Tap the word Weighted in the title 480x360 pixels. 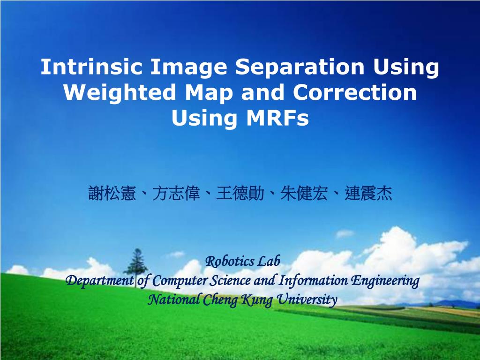[120, 92]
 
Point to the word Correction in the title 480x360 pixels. [355, 92]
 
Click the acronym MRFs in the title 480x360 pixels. [277, 118]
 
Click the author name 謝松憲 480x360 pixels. [112, 193]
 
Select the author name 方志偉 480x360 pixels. [176, 193]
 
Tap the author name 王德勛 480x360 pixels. [240, 193]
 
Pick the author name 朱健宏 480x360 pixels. [304, 193]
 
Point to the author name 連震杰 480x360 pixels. [368, 193]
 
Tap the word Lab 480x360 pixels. [269, 261]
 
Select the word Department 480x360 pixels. [100, 281]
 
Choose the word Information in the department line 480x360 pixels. [313, 281]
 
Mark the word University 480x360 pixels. [307, 300]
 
